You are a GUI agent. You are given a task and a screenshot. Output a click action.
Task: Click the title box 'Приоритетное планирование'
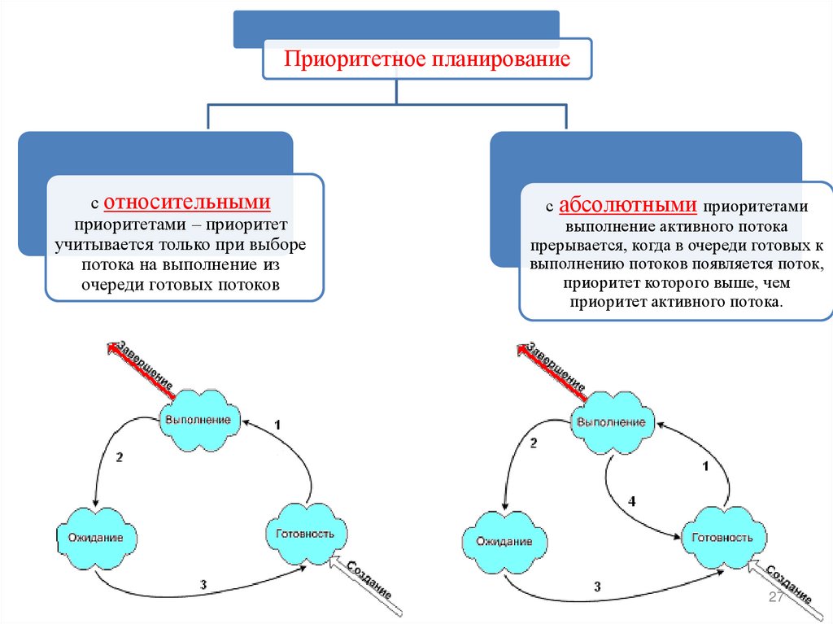tap(425, 59)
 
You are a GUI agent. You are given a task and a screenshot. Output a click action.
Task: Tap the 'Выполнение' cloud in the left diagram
tap(198, 420)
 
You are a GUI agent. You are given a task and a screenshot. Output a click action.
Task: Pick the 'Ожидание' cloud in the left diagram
tap(96, 538)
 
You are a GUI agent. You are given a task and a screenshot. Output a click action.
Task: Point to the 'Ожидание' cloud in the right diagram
tap(504, 541)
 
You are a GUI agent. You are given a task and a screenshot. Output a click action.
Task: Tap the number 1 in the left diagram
tap(277, 424)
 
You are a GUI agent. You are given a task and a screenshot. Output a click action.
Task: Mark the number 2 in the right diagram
tap(534, 443)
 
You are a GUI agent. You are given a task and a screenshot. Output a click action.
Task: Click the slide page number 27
tap(775, 599)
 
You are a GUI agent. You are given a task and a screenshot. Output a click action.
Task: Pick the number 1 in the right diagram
tap(705, 466)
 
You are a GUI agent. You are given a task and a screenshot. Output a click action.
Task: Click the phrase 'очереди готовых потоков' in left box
tap(180, 285)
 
